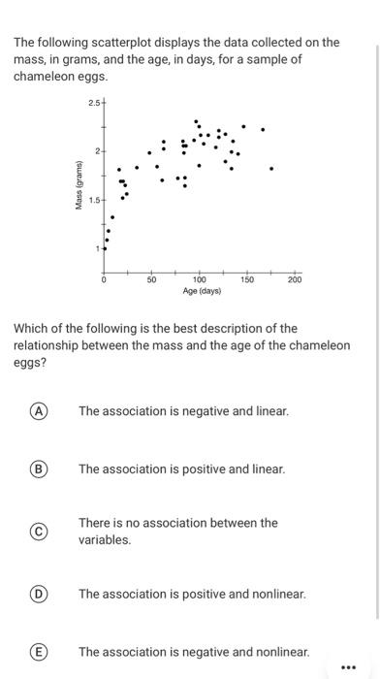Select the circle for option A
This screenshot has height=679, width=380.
point(40,411)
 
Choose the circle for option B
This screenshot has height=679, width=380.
point(40,469)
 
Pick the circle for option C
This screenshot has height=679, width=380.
point(40,531)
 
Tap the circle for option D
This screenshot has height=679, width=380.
point(40,594)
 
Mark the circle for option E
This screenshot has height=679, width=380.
point(40,652)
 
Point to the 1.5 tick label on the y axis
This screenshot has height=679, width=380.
point(94,201)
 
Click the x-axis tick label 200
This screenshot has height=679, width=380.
point(295,279)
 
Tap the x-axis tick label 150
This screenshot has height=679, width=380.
point(246,279)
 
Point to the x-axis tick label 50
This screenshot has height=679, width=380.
point(151,279)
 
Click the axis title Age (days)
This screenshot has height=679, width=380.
point(202,291)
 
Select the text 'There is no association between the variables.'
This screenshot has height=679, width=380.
point(177,531)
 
